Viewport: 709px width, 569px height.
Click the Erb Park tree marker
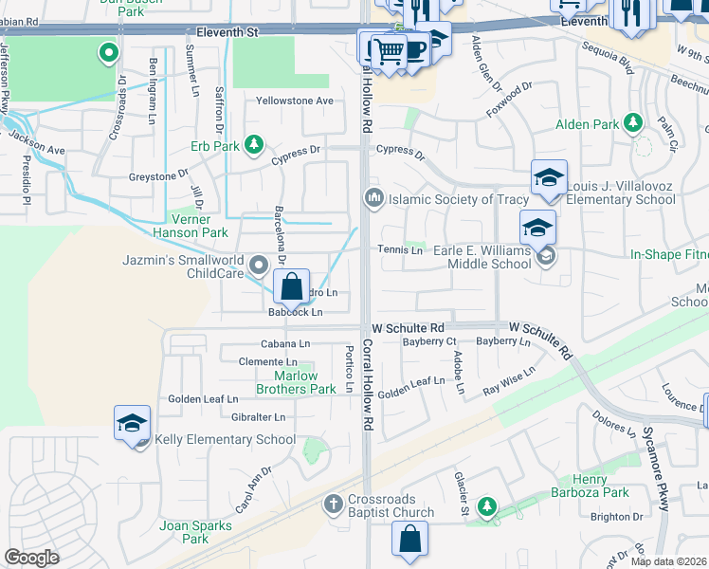(x=253, y=145)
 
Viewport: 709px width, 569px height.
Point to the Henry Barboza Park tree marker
(x=487, y=505)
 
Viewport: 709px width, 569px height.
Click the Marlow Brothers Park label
(x=298, y=382)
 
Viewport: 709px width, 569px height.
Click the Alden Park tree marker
(x=632, y=123)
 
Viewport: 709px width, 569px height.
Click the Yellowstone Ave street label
(x=296, y=101)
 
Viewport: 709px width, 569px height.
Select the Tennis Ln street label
(x=400, y=249)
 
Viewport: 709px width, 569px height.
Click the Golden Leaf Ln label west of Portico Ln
(x=203, y=398)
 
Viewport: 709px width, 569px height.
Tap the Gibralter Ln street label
(x=258, y=416)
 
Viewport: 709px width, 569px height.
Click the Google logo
(x=31, y=558)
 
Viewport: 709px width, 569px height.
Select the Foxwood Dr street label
(x=512, y=97)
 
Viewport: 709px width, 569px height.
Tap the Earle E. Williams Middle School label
(x=482, y=256)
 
